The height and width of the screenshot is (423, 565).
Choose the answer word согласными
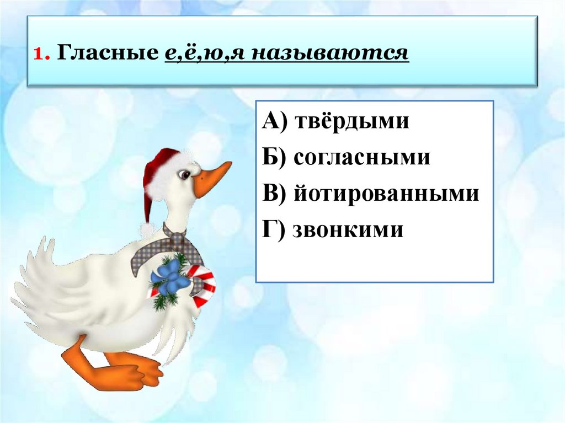pos(361,158)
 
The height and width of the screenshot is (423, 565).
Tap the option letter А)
pos(274,121)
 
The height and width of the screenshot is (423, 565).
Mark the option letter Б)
pos(274,158)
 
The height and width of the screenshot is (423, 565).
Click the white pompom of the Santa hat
pos(147,229)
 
